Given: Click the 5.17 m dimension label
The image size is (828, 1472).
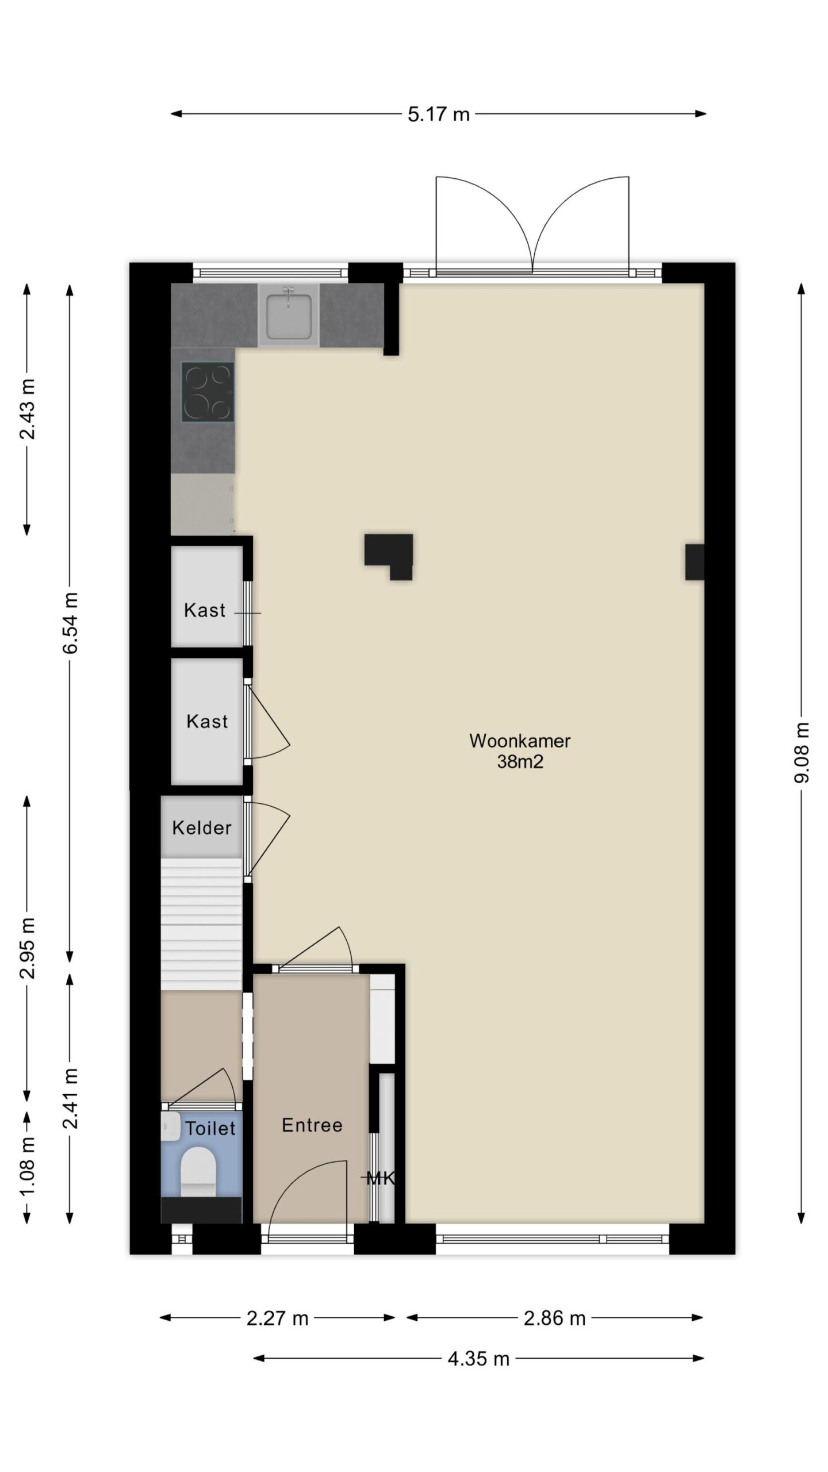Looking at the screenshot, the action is click(439, 114).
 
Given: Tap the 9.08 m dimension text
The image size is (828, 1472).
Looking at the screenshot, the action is click(802, 753).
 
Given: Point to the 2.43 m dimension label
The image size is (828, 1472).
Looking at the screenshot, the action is click(27, 409).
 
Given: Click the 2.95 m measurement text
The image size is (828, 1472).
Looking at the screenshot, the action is click(27, 948).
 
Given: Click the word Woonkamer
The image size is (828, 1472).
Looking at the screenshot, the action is click(520, 741).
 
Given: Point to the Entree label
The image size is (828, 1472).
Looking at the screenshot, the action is click(312, 1125).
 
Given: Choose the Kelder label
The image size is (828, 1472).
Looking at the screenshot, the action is click(202, 828).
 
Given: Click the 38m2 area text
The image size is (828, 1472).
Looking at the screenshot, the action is click(520, 762).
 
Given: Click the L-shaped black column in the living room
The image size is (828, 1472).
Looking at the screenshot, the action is click(389, 557).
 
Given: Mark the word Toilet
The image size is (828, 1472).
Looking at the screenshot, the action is click(210, 1128).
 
